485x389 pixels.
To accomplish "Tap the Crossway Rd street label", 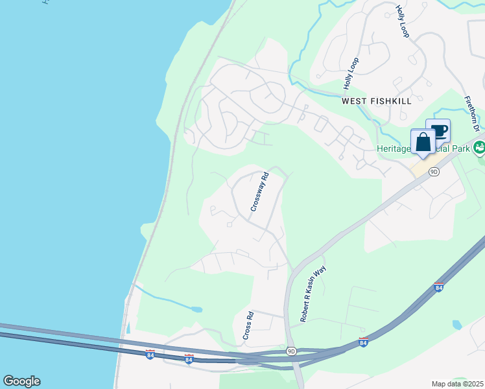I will [260, 191].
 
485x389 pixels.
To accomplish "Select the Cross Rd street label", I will [248, 326].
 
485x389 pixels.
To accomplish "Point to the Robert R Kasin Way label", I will [313, 294].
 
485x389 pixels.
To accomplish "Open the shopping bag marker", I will [423, 142].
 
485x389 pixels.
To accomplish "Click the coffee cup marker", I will [438, 130].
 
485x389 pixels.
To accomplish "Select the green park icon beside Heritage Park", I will [479, 148].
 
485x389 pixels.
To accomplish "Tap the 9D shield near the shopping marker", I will [434, 172].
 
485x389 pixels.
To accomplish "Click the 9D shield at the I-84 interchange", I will [291, 351].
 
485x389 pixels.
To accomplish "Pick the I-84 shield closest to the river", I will [150, 356].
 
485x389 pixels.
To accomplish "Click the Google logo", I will [21, 381].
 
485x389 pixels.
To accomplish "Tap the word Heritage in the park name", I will [394, 149].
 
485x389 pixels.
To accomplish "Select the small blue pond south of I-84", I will [456, 324].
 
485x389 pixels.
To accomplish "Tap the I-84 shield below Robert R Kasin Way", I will [362, 342].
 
